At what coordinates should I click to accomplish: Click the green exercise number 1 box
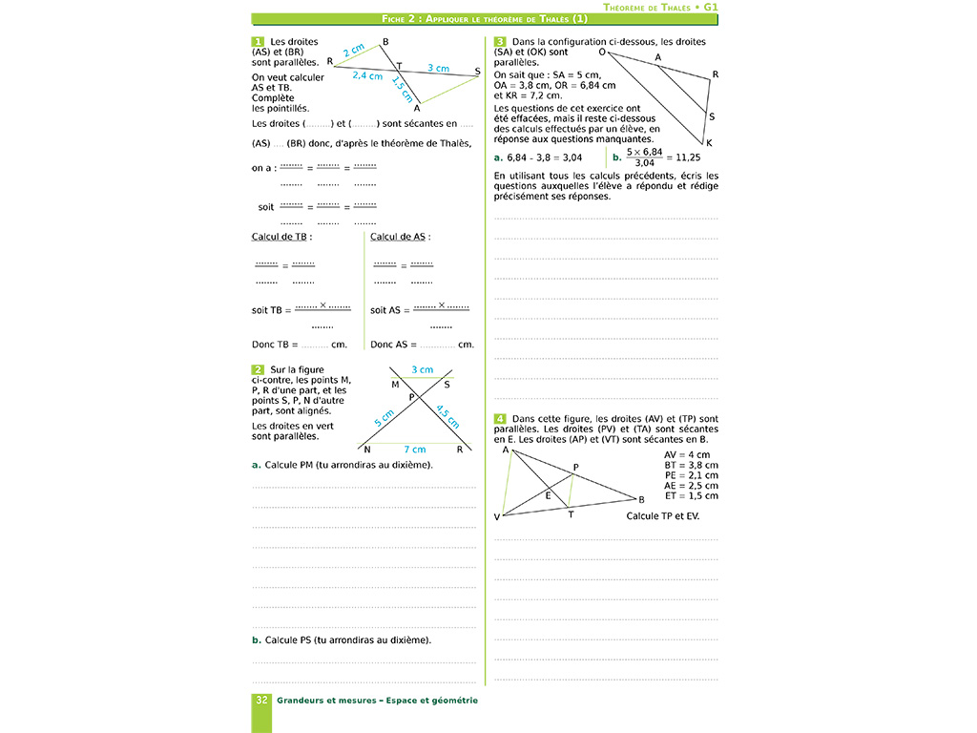(258, 42)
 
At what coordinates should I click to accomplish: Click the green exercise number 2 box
(258, 369)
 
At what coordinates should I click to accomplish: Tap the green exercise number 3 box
(500, 42)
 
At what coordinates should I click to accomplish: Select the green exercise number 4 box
(500, 419)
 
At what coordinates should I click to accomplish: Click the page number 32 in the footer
(261, 701)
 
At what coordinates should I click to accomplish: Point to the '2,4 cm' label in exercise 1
(367, 75)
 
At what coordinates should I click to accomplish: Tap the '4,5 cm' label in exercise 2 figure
(447, 416)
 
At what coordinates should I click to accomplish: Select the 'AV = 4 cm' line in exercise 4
(686, 454)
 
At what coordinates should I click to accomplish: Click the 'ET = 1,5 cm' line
(691, 495)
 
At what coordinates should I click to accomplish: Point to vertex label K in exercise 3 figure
(710, 142)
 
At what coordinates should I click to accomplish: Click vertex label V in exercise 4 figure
(497, 517)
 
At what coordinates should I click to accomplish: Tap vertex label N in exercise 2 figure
(366, 450)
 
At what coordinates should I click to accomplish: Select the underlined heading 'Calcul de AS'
(400, 237)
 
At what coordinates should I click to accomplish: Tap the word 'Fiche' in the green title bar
(397, 19)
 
